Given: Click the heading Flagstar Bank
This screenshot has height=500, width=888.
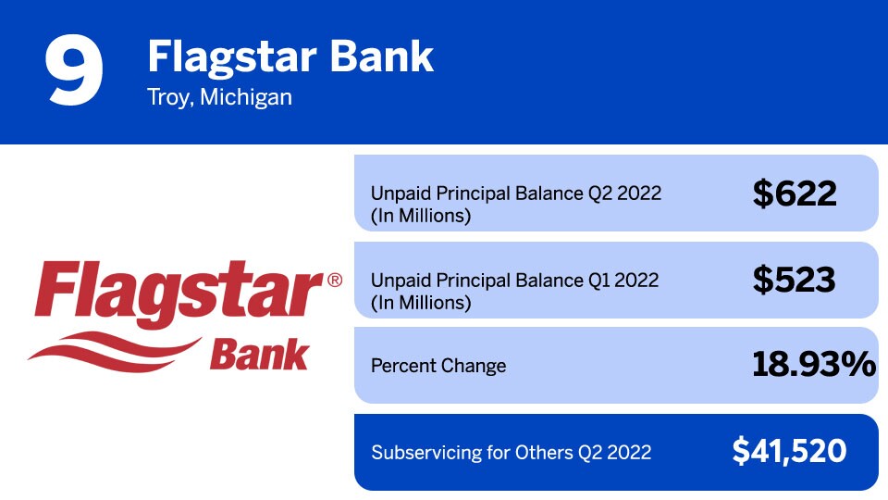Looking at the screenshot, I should coord(290,57).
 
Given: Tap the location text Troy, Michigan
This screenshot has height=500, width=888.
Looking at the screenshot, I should coord(219,97).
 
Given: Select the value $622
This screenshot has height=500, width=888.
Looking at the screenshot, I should coord(795,194).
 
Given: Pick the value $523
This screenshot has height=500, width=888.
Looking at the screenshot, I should coord(795,280).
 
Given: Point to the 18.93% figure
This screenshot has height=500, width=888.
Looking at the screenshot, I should coord(814,365).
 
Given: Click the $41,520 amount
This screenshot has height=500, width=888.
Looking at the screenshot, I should coord(789,451).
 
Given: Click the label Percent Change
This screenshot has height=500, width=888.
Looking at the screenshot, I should coord(438,366).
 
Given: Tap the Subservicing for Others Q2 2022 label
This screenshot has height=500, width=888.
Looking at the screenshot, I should coord(511,453).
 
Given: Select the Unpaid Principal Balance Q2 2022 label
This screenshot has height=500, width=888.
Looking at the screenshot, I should coord(515,194).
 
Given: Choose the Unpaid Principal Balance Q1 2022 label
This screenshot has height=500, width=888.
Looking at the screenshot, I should coord(514,281).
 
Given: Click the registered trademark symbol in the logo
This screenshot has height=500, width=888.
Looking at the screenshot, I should coord(334,280).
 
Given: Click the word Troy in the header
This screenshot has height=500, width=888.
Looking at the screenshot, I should coord(167,97).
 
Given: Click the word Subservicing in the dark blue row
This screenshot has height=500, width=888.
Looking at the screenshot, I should coord(425,453).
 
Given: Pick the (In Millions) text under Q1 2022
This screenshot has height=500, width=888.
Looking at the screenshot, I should coord(421,303).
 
